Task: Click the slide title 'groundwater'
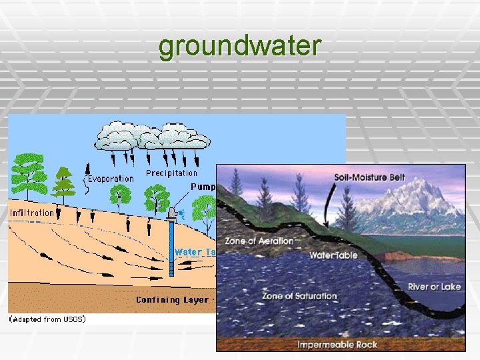(x=240, y=47)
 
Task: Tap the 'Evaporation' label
(x=111, y=179)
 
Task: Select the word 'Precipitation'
(x=171, y=173)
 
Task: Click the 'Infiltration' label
(x=32, y=213)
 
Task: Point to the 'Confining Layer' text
(x=171, y=300)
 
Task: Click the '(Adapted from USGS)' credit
(x=47, y=319)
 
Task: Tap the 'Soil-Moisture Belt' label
(x=369, y=177)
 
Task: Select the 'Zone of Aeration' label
(x=259, y=241)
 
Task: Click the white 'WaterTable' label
(x=333, y=255)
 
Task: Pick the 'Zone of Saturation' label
(x=299, y=295)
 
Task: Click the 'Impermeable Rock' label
(x=337, y=345)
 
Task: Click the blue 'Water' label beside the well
(x=187, y=252)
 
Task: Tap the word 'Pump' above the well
(x=203, y=187)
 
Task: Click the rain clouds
(x=153, y=135)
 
